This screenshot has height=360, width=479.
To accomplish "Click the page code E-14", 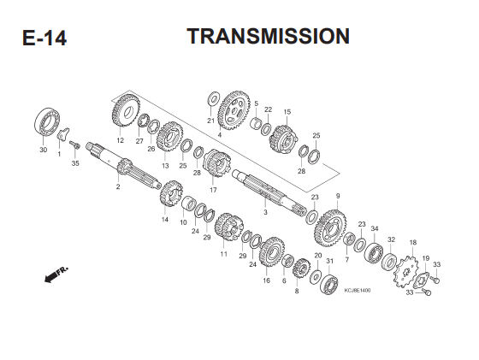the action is coord(44,38).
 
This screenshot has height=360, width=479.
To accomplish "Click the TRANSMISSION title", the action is coord(269,36).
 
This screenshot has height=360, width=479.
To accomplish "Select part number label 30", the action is coord(44,150).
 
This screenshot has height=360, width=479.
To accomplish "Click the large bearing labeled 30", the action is coord(47,121).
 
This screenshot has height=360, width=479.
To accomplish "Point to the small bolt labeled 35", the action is coord(74,145).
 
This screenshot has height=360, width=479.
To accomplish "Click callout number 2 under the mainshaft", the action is coord(118,186).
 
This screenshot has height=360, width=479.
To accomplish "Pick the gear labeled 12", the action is coord(127,110).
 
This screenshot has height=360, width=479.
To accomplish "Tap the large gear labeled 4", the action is coord(234,110).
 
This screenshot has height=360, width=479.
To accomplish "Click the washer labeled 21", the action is coord(213,99).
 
